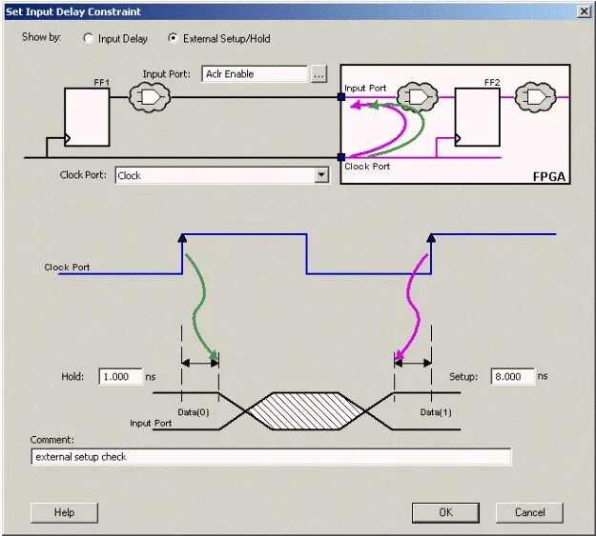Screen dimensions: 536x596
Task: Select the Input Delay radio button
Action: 90,39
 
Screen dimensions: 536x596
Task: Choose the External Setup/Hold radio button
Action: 173,39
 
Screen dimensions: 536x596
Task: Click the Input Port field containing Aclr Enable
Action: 255,73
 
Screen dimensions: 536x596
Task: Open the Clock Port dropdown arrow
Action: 321,175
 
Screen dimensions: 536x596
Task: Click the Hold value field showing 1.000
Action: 119,376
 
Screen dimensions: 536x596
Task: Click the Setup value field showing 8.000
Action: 511,376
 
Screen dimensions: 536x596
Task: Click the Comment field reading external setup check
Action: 271,457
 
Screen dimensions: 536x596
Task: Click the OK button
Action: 445,512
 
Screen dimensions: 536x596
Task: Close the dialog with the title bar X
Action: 584,10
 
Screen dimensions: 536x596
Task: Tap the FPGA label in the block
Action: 550,176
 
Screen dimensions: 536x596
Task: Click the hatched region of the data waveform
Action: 306,410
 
